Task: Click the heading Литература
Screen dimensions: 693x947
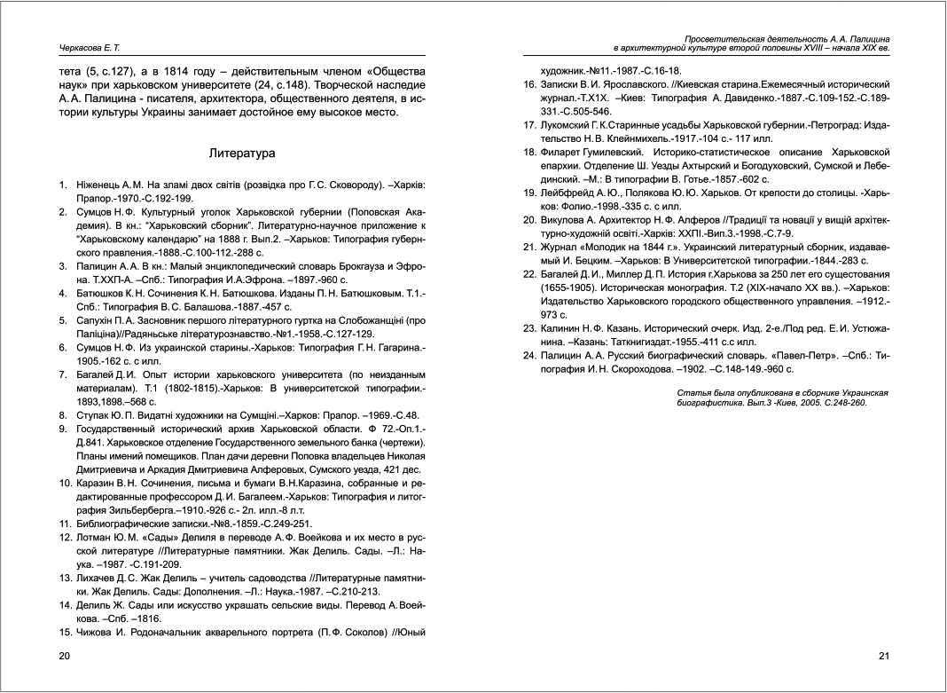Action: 242,153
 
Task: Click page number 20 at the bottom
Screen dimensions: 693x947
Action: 64,656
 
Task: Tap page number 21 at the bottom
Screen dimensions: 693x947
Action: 883,656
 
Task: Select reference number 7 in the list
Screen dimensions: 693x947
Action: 63,374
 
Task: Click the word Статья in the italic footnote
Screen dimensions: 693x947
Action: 692,391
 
